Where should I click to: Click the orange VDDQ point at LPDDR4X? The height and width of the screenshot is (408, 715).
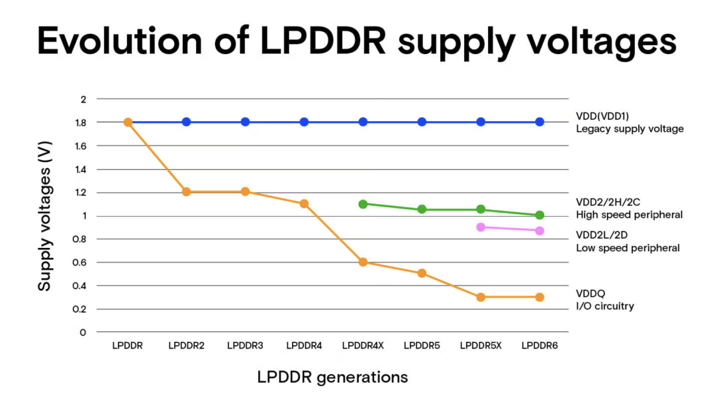(x=363, y=263)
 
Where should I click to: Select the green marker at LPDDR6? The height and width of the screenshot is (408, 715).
(x=540, y=215)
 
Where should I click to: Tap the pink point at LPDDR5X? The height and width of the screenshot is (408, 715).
(x=481, y=227)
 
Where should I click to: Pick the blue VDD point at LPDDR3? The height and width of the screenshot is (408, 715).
(x=245, y=122)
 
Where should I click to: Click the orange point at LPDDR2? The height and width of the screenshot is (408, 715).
(x=186, y=192)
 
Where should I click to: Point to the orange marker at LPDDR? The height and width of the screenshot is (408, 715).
(x=128, y=122)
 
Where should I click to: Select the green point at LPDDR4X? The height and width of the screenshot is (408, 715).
(x=363, y=204)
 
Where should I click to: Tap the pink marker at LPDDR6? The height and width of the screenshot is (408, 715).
(x=540, y=231)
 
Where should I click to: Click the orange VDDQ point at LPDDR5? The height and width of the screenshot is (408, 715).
(x=422, y=273)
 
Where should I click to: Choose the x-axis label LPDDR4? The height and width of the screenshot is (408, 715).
(x=304, y=345)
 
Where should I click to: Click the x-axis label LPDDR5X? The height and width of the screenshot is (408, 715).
(x=481, y=345)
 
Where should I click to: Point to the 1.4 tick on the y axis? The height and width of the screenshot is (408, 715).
(x=83, y=169)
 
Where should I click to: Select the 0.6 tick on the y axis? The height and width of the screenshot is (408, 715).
(x=83, y=263)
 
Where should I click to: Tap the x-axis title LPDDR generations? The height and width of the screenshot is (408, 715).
(x=332, y=378)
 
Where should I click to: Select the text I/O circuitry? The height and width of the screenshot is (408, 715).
(x=605, y=306)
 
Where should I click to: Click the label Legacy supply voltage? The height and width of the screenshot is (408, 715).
(x=630, y=129)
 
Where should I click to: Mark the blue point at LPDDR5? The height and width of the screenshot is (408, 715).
(x=422, y=122)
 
